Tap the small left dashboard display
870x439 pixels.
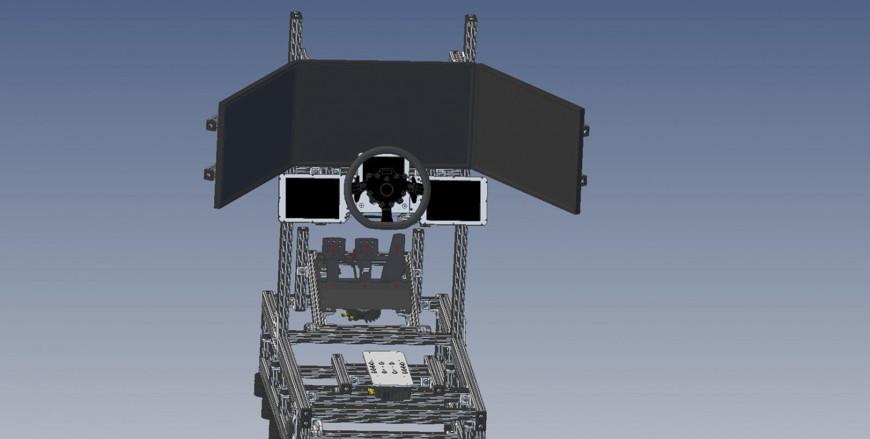[x=312, y=199]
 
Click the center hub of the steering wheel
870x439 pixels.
[x=387, y=189]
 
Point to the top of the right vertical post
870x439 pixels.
[x=471, y=21]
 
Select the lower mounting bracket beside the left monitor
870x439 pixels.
[x=209, y=173]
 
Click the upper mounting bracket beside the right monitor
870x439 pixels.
[x=585, y=130]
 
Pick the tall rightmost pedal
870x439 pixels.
[x=397, y=248]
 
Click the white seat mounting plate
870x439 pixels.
[x=388, y=369]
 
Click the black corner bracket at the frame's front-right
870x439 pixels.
[x=480, y=420]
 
